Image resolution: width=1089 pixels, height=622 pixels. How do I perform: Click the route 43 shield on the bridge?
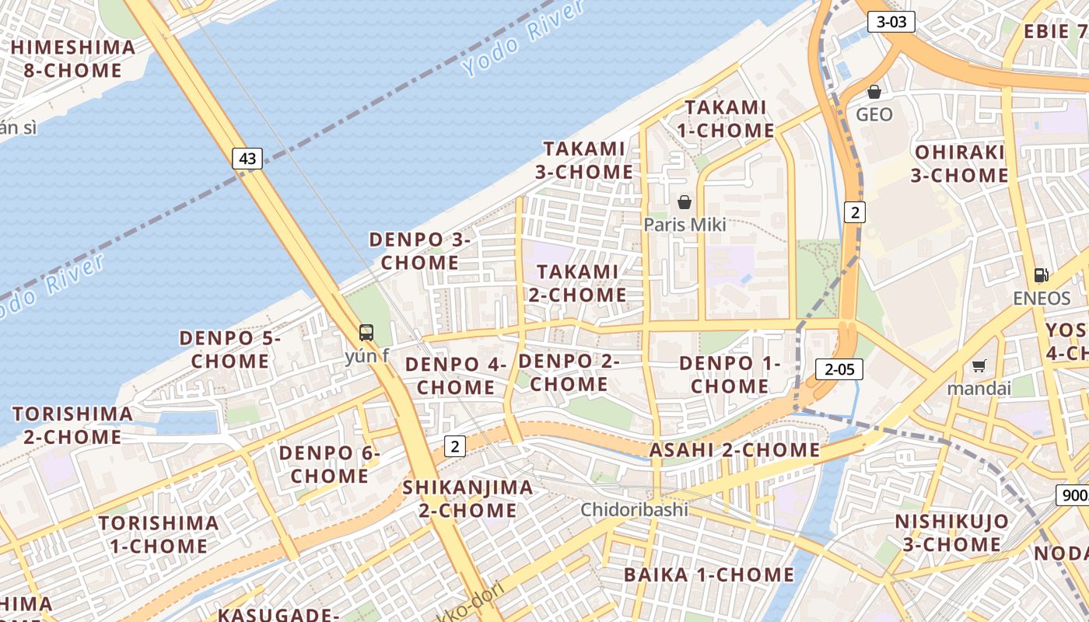click(x=247, y=159)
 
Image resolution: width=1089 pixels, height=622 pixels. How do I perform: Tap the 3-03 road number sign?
click(x=891, y=22)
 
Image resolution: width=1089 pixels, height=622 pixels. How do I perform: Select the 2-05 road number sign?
click(x=839, y=369)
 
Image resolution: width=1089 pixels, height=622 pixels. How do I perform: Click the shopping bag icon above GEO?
click(x=874, y=92)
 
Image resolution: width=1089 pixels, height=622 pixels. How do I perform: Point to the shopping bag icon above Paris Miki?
click(x=685, y=202)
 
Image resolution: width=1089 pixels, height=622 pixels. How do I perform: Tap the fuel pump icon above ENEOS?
click(x=1041, y=275)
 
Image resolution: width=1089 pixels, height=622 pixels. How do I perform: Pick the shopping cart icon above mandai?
click(x=979, y=365)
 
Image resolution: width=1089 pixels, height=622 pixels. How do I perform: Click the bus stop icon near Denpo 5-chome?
click(x=366, y=333)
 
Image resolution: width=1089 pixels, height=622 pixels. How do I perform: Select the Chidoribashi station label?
click(x=635, y=509)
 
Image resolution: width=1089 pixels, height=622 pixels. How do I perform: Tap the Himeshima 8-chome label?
click(x=72, y=58)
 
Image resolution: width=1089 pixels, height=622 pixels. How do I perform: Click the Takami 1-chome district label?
click(x=725, y=119)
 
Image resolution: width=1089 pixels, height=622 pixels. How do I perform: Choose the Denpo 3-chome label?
click(x=420, y=250)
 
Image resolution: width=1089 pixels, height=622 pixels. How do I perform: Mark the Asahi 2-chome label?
click(x=734, y=450)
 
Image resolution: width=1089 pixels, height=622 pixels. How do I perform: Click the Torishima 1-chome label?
click(x=159, y=533)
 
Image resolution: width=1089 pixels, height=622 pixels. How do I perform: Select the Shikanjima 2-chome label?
click(x=468, y=498)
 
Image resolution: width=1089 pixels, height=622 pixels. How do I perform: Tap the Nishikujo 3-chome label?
click(x=951, y=532)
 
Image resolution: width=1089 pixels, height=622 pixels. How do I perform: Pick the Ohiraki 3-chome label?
click(x=959, y=163)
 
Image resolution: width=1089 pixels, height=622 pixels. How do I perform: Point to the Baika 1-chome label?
click(x=709, y=575)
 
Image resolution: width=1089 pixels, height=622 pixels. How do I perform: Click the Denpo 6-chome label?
click(x=330, y=463)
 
